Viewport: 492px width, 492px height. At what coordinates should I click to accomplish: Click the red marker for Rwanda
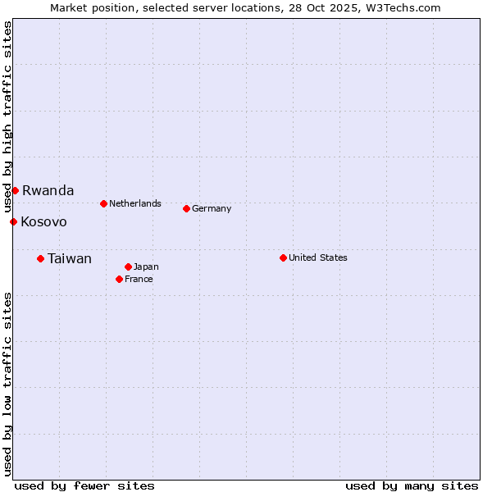[15, 191]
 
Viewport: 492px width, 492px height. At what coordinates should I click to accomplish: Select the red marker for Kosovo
[13, 221]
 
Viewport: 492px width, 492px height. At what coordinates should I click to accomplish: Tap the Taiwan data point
[40, 258]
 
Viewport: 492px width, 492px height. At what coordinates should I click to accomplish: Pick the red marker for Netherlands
[103, 203]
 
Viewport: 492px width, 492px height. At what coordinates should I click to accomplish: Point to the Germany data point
[186, 208]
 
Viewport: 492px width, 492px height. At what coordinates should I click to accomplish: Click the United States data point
[283, 257]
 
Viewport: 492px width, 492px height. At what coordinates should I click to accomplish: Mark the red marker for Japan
[128, 266]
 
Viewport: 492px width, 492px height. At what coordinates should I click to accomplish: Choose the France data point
[119, 279]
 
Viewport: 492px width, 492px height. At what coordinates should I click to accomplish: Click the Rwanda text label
[48, 191]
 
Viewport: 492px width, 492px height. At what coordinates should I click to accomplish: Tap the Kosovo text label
[43, 222]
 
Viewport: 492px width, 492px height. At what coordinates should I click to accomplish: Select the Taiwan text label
[70, 259]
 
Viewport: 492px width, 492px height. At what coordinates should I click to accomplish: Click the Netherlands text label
[135, 203]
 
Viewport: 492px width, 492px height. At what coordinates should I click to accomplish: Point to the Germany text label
[212, 208]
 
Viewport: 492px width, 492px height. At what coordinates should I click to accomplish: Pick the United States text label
[318, 257]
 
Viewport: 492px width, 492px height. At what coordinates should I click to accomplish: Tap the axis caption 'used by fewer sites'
[84, 485]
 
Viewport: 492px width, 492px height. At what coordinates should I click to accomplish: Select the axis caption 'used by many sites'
[412, 485]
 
